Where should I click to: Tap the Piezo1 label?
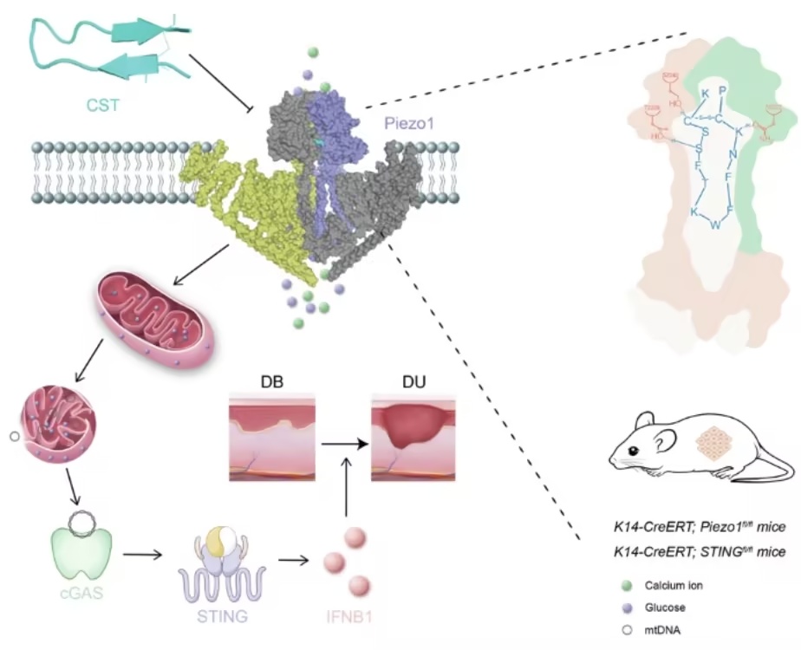click(x=408, y=124)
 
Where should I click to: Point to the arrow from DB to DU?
click(x=342, y=443)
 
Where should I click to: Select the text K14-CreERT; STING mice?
click(x=702, y=550)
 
